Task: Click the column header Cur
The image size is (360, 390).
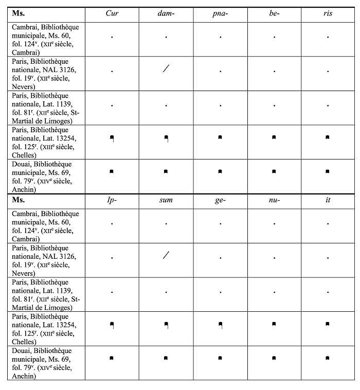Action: pos(112,13)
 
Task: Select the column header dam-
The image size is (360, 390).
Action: pos(166,13)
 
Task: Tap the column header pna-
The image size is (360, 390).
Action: pos(220,13)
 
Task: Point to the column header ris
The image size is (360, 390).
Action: pos(328,13)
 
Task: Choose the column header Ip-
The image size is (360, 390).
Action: pos(112,200)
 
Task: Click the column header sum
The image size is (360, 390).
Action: pos(166,200)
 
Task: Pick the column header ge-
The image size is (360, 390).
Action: pos(220,200)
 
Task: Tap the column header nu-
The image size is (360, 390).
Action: pos(274,200)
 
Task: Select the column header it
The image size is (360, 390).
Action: pos(328,200)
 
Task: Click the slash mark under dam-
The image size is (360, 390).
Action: pos(166,68)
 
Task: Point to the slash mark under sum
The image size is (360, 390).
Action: pos(166,255)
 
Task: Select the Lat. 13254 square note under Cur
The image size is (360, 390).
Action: pos(112,138)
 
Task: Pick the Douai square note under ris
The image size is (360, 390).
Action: pos(328,171)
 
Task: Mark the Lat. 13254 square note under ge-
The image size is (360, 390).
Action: pos(220,325)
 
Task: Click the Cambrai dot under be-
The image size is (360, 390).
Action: pos(274,37)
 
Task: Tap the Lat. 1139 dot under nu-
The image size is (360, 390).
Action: pos(274,292)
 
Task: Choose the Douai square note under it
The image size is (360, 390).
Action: pos(328,358)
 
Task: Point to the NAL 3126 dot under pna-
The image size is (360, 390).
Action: pos(220,71)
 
